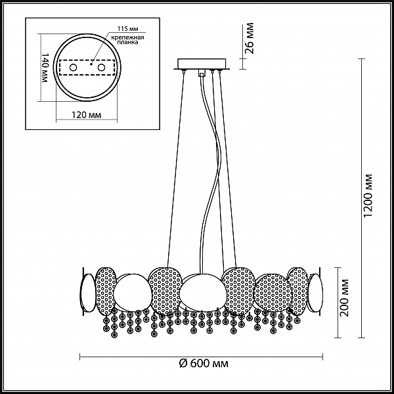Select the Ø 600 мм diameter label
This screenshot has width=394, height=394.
[204, 364]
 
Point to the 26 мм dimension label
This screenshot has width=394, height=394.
[250, 38]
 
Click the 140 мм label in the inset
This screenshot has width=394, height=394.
[44, 68]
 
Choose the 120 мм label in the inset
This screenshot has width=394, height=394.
[87, 115]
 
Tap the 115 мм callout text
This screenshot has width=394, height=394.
[128, 28]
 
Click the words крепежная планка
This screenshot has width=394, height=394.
[127, 40]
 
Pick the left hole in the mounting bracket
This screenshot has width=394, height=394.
[74, 68]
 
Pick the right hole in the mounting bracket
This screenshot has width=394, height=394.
[102, 68]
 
